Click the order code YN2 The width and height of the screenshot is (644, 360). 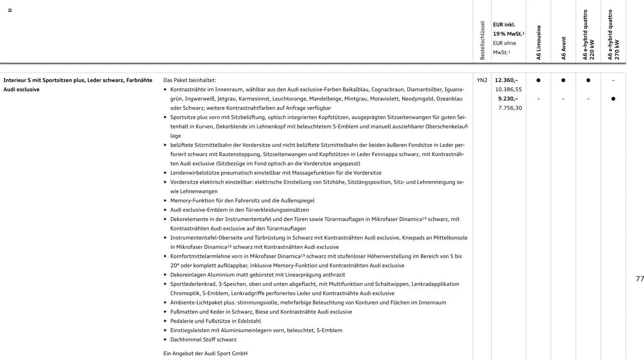[482, 80]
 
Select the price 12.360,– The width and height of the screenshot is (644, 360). [506, 80]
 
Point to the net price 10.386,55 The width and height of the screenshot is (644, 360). [508, 89]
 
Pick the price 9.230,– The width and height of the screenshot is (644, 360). [508, 99]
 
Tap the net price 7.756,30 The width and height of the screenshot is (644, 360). [510, 108]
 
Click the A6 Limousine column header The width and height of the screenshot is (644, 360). [538, 43]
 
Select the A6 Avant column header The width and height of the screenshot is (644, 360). [563, 48]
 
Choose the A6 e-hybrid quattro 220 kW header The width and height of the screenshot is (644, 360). [588, 35]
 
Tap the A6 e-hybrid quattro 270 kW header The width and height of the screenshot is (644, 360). [613, 35]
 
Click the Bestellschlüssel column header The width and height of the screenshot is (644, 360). [482, 41]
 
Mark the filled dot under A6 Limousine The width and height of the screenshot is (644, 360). [538, 80]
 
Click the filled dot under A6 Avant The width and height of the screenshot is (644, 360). [563, 80]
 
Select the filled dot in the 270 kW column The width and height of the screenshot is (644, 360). [613, 99]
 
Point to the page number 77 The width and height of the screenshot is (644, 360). [639, 279]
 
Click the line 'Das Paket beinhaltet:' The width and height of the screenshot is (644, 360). [189, 80]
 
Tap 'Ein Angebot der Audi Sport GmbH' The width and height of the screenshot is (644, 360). [205, 353]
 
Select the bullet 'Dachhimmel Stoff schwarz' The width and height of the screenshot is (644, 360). [203, 340]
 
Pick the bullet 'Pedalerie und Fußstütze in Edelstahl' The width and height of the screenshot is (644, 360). [215, 321]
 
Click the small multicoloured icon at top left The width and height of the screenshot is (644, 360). [10, 10]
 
